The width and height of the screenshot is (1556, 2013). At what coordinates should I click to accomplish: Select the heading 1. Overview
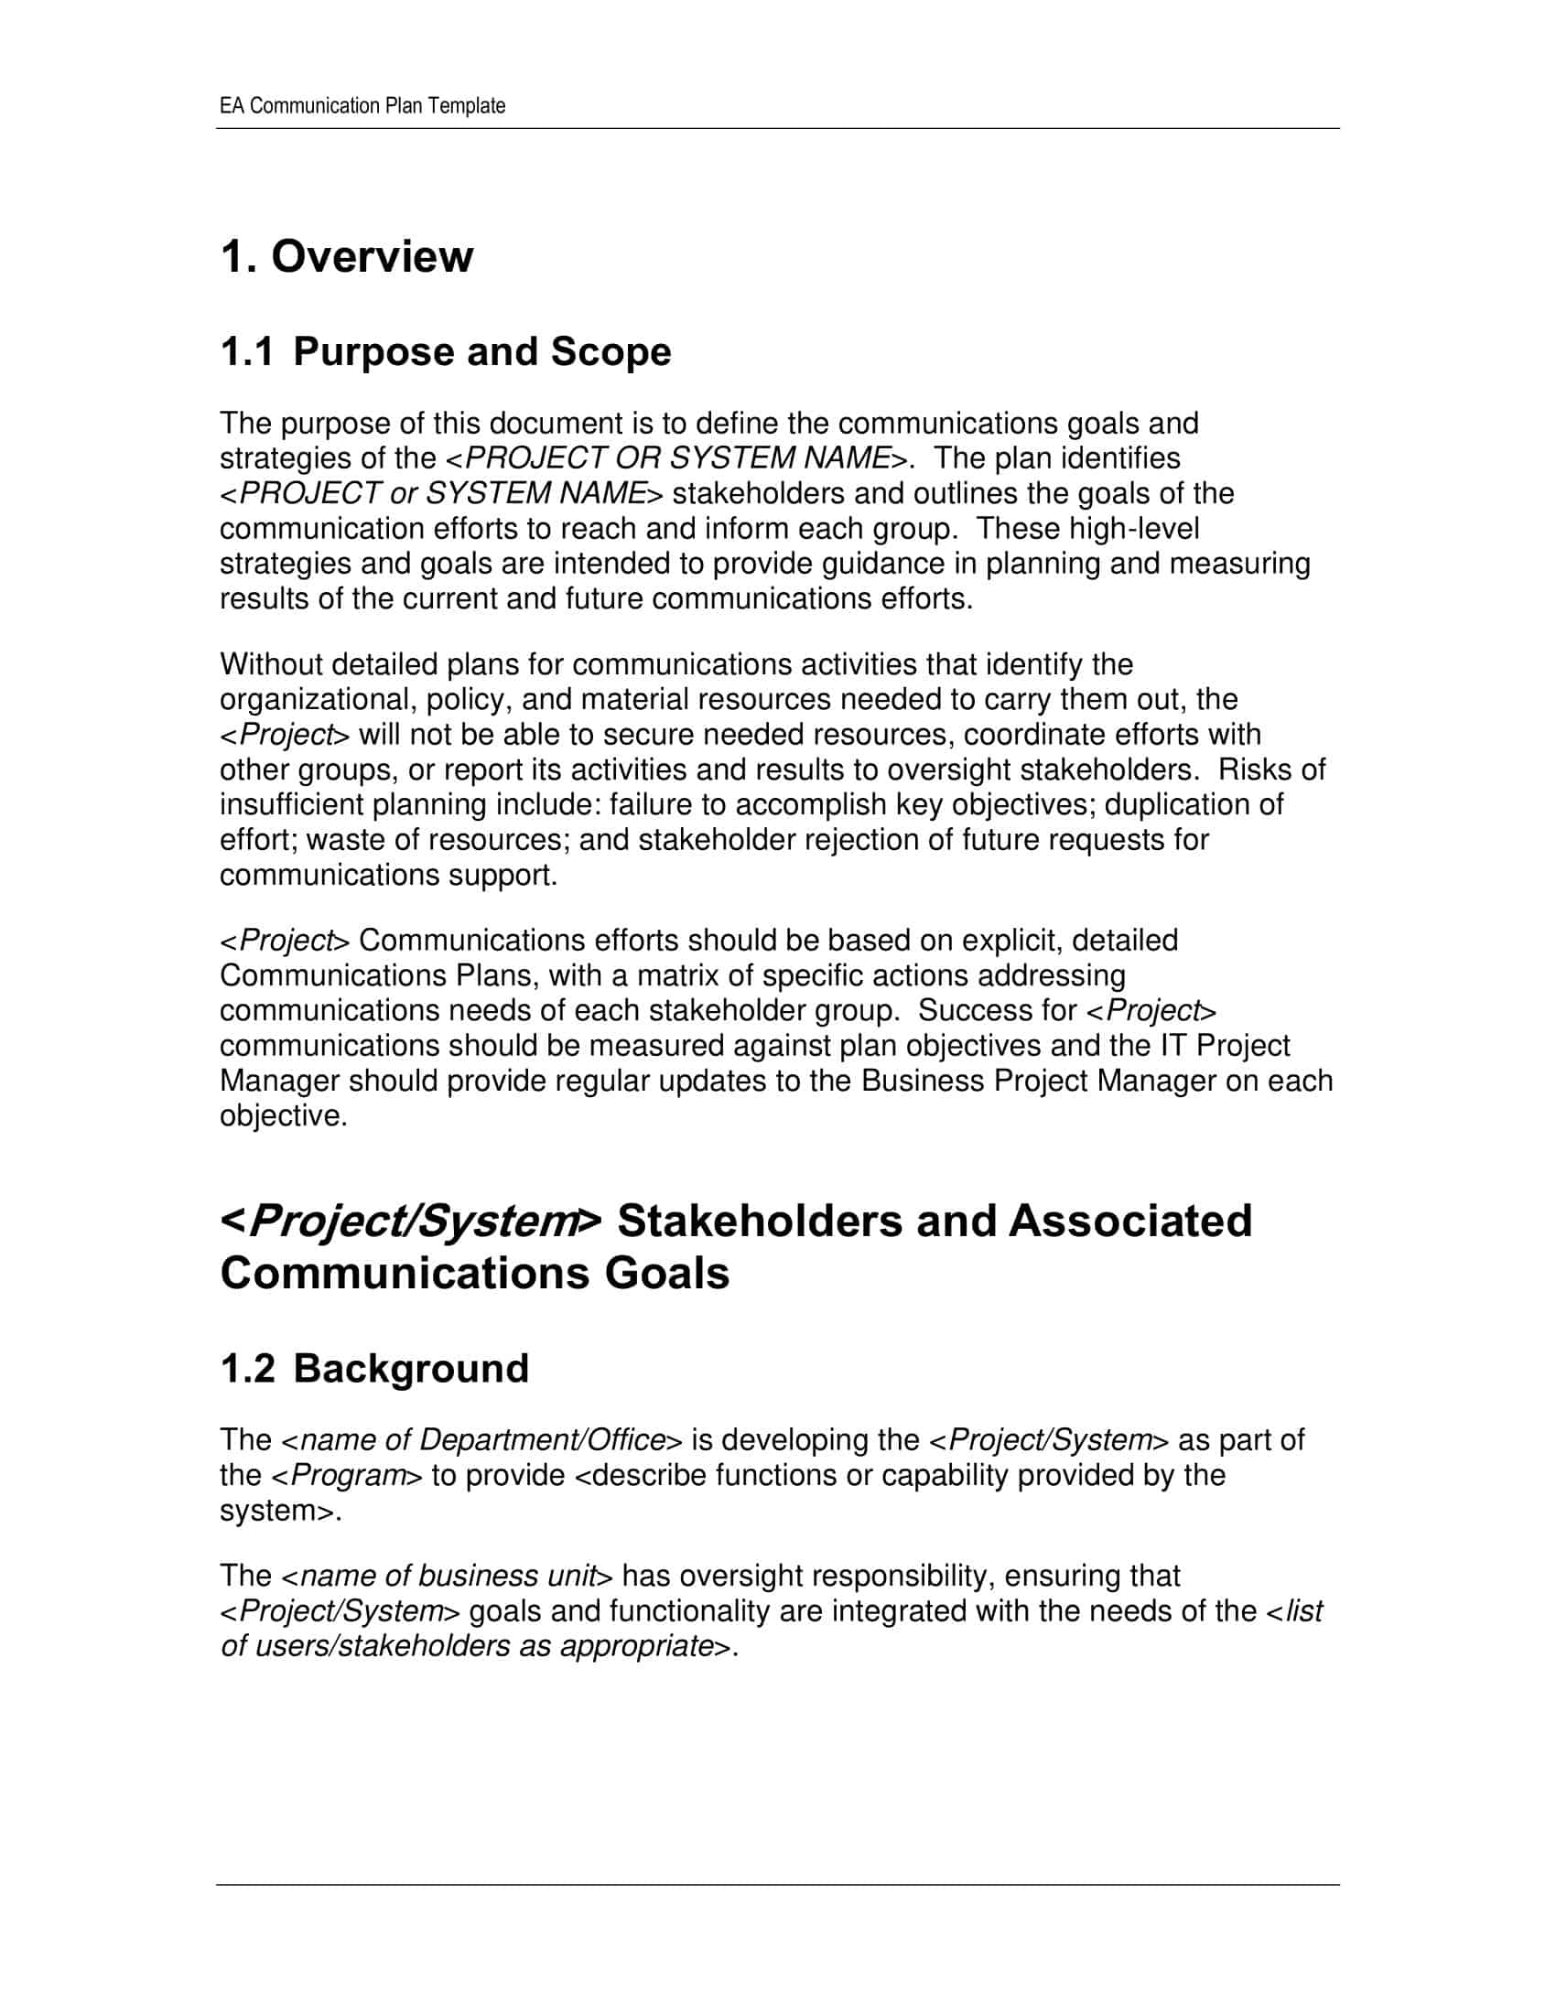tap(347, 256)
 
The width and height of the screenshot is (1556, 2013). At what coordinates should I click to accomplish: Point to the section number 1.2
tap(247, 1369)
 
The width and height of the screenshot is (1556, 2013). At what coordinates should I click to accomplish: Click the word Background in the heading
tap(411, 1369)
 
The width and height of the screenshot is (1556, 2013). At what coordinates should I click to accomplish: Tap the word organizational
tap(317, 700)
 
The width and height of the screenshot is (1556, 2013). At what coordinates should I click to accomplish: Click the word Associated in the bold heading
tap(1130, 1222)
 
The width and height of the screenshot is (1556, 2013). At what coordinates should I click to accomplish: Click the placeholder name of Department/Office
tap(482, 1440)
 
